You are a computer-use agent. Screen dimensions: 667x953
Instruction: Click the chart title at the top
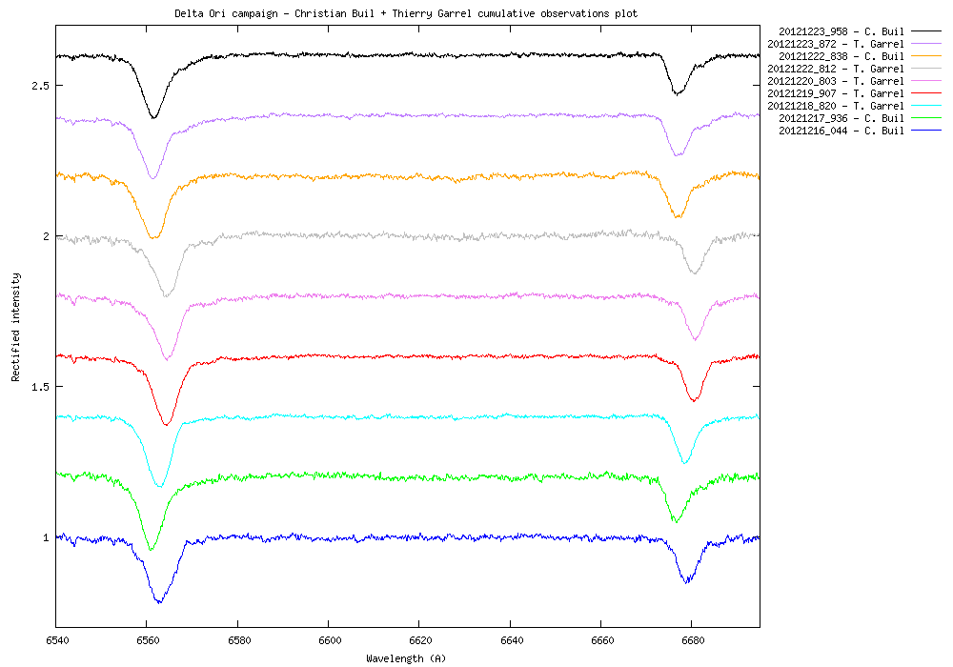click(406, 14)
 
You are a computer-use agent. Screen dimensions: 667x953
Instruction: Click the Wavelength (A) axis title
click(406, 658)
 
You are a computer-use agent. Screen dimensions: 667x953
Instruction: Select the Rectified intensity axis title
click(16, 327)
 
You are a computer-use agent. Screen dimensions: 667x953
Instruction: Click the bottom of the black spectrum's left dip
click(153, 118)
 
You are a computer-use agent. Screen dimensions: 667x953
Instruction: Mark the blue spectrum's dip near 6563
click(159, 602)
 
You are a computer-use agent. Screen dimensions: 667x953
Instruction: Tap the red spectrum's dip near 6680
click(694, 400)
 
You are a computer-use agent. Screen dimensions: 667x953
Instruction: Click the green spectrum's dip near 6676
click(676, 521)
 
